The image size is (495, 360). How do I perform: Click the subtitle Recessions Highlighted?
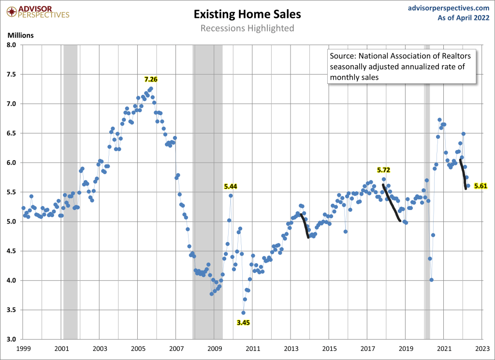[x=247, y=28]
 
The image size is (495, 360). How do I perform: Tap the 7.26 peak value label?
[x=151, y=79]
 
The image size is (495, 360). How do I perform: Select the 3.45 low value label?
[x=243, y=322]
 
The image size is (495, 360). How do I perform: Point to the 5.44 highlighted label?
[x=231, y=186]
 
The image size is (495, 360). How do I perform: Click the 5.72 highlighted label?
[x=383, y=170]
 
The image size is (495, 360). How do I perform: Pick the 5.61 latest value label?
[x=481, y=186]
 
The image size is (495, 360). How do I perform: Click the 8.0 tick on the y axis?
[x=12, y=45]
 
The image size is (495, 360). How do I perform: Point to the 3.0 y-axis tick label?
[x=12, y=339]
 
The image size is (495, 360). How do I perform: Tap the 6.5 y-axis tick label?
[x=12, y=133]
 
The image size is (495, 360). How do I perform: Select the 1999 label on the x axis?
[x=23, y=348]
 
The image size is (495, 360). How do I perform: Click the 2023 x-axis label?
[x=482, y=348]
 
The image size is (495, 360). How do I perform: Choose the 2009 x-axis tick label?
[x=215, y=348]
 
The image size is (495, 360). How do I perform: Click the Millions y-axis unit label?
[x=20, y=35]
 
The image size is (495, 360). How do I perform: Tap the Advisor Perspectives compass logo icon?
[x=10, y=10]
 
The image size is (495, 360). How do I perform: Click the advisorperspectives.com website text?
[x=448, y=8]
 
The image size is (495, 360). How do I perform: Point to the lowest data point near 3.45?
[x=243, y=313]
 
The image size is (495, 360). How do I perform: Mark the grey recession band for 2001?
[x=71, y=194]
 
